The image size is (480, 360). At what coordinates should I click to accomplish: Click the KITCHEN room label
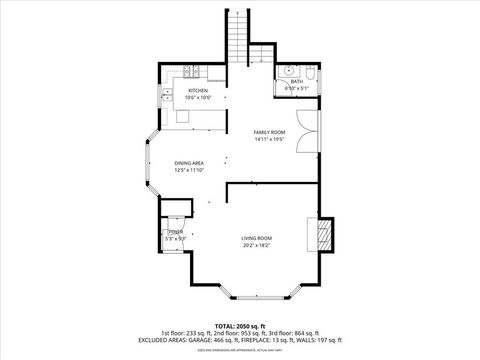[x=197, y=91]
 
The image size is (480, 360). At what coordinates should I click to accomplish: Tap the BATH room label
[x=297, y=83]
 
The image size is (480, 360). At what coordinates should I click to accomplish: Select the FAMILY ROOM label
[x=269, y=133]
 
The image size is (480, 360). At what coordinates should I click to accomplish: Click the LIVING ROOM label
[x=256, y=237]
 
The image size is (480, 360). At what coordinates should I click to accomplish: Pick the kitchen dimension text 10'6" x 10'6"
[x=197, y=98]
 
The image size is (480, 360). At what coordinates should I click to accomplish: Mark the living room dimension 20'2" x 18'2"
[x=256, y=245]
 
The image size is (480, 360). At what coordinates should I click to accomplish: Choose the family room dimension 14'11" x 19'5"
[x=269, y=140]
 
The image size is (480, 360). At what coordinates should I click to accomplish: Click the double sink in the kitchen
[x=163, y=98]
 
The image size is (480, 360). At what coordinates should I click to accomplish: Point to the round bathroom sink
[x=287, y=72]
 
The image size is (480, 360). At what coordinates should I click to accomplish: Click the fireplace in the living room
[x=322, y=236]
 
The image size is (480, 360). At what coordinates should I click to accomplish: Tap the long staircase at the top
[x=237, y=35]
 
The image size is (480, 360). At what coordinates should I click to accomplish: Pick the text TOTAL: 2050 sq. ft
[x=239, y=324]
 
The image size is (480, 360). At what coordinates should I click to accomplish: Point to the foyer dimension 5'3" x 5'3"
[x=175, y=238]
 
